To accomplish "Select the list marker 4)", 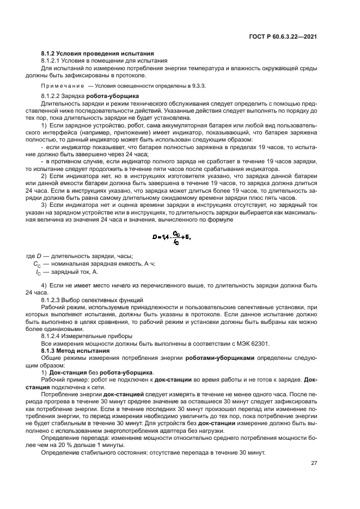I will [x=45, y=285].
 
